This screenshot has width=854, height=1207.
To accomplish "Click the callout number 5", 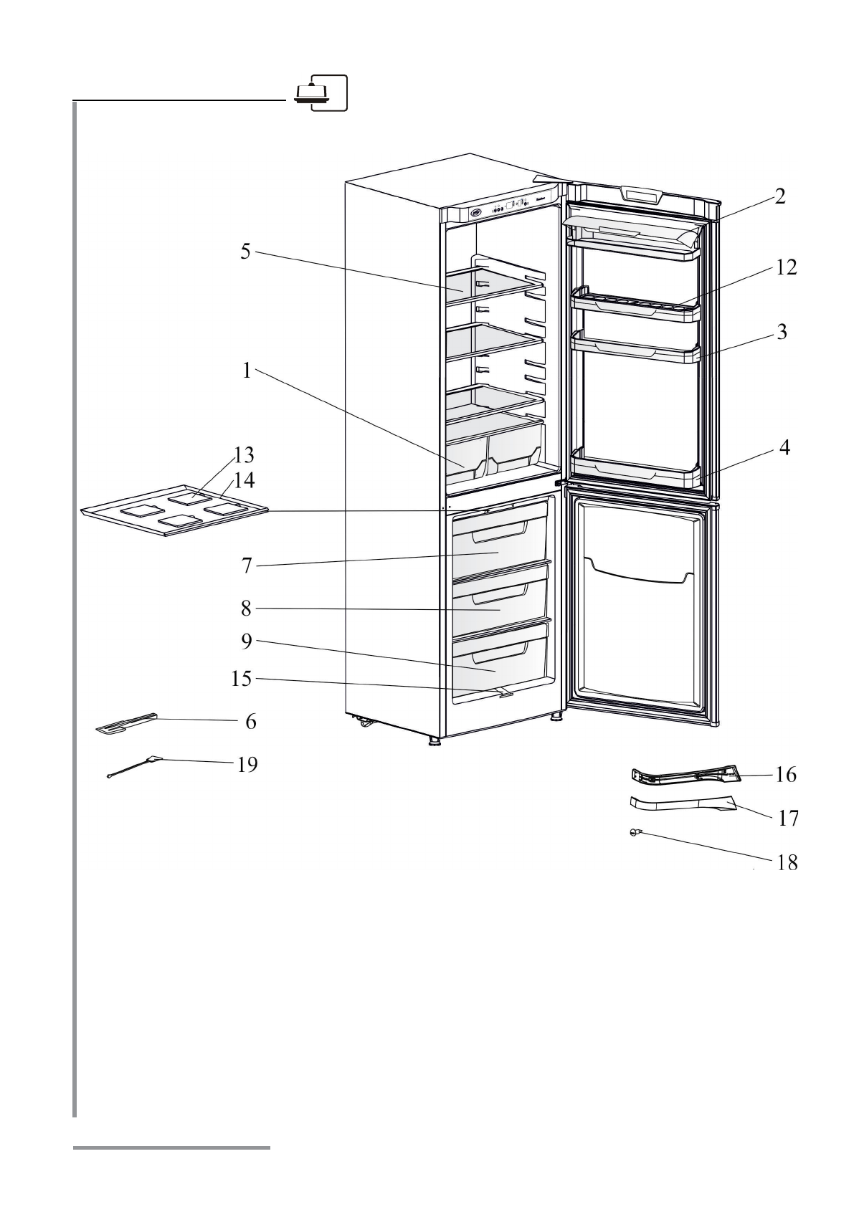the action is pos(245,252).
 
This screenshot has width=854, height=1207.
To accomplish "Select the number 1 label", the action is pos(247,371).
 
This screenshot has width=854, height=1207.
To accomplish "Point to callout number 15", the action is pos(242,678).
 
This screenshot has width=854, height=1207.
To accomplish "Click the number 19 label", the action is pos(247,765).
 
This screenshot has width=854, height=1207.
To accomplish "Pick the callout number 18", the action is pos(787,862).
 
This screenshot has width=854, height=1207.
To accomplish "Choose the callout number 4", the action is pos(785,448).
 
